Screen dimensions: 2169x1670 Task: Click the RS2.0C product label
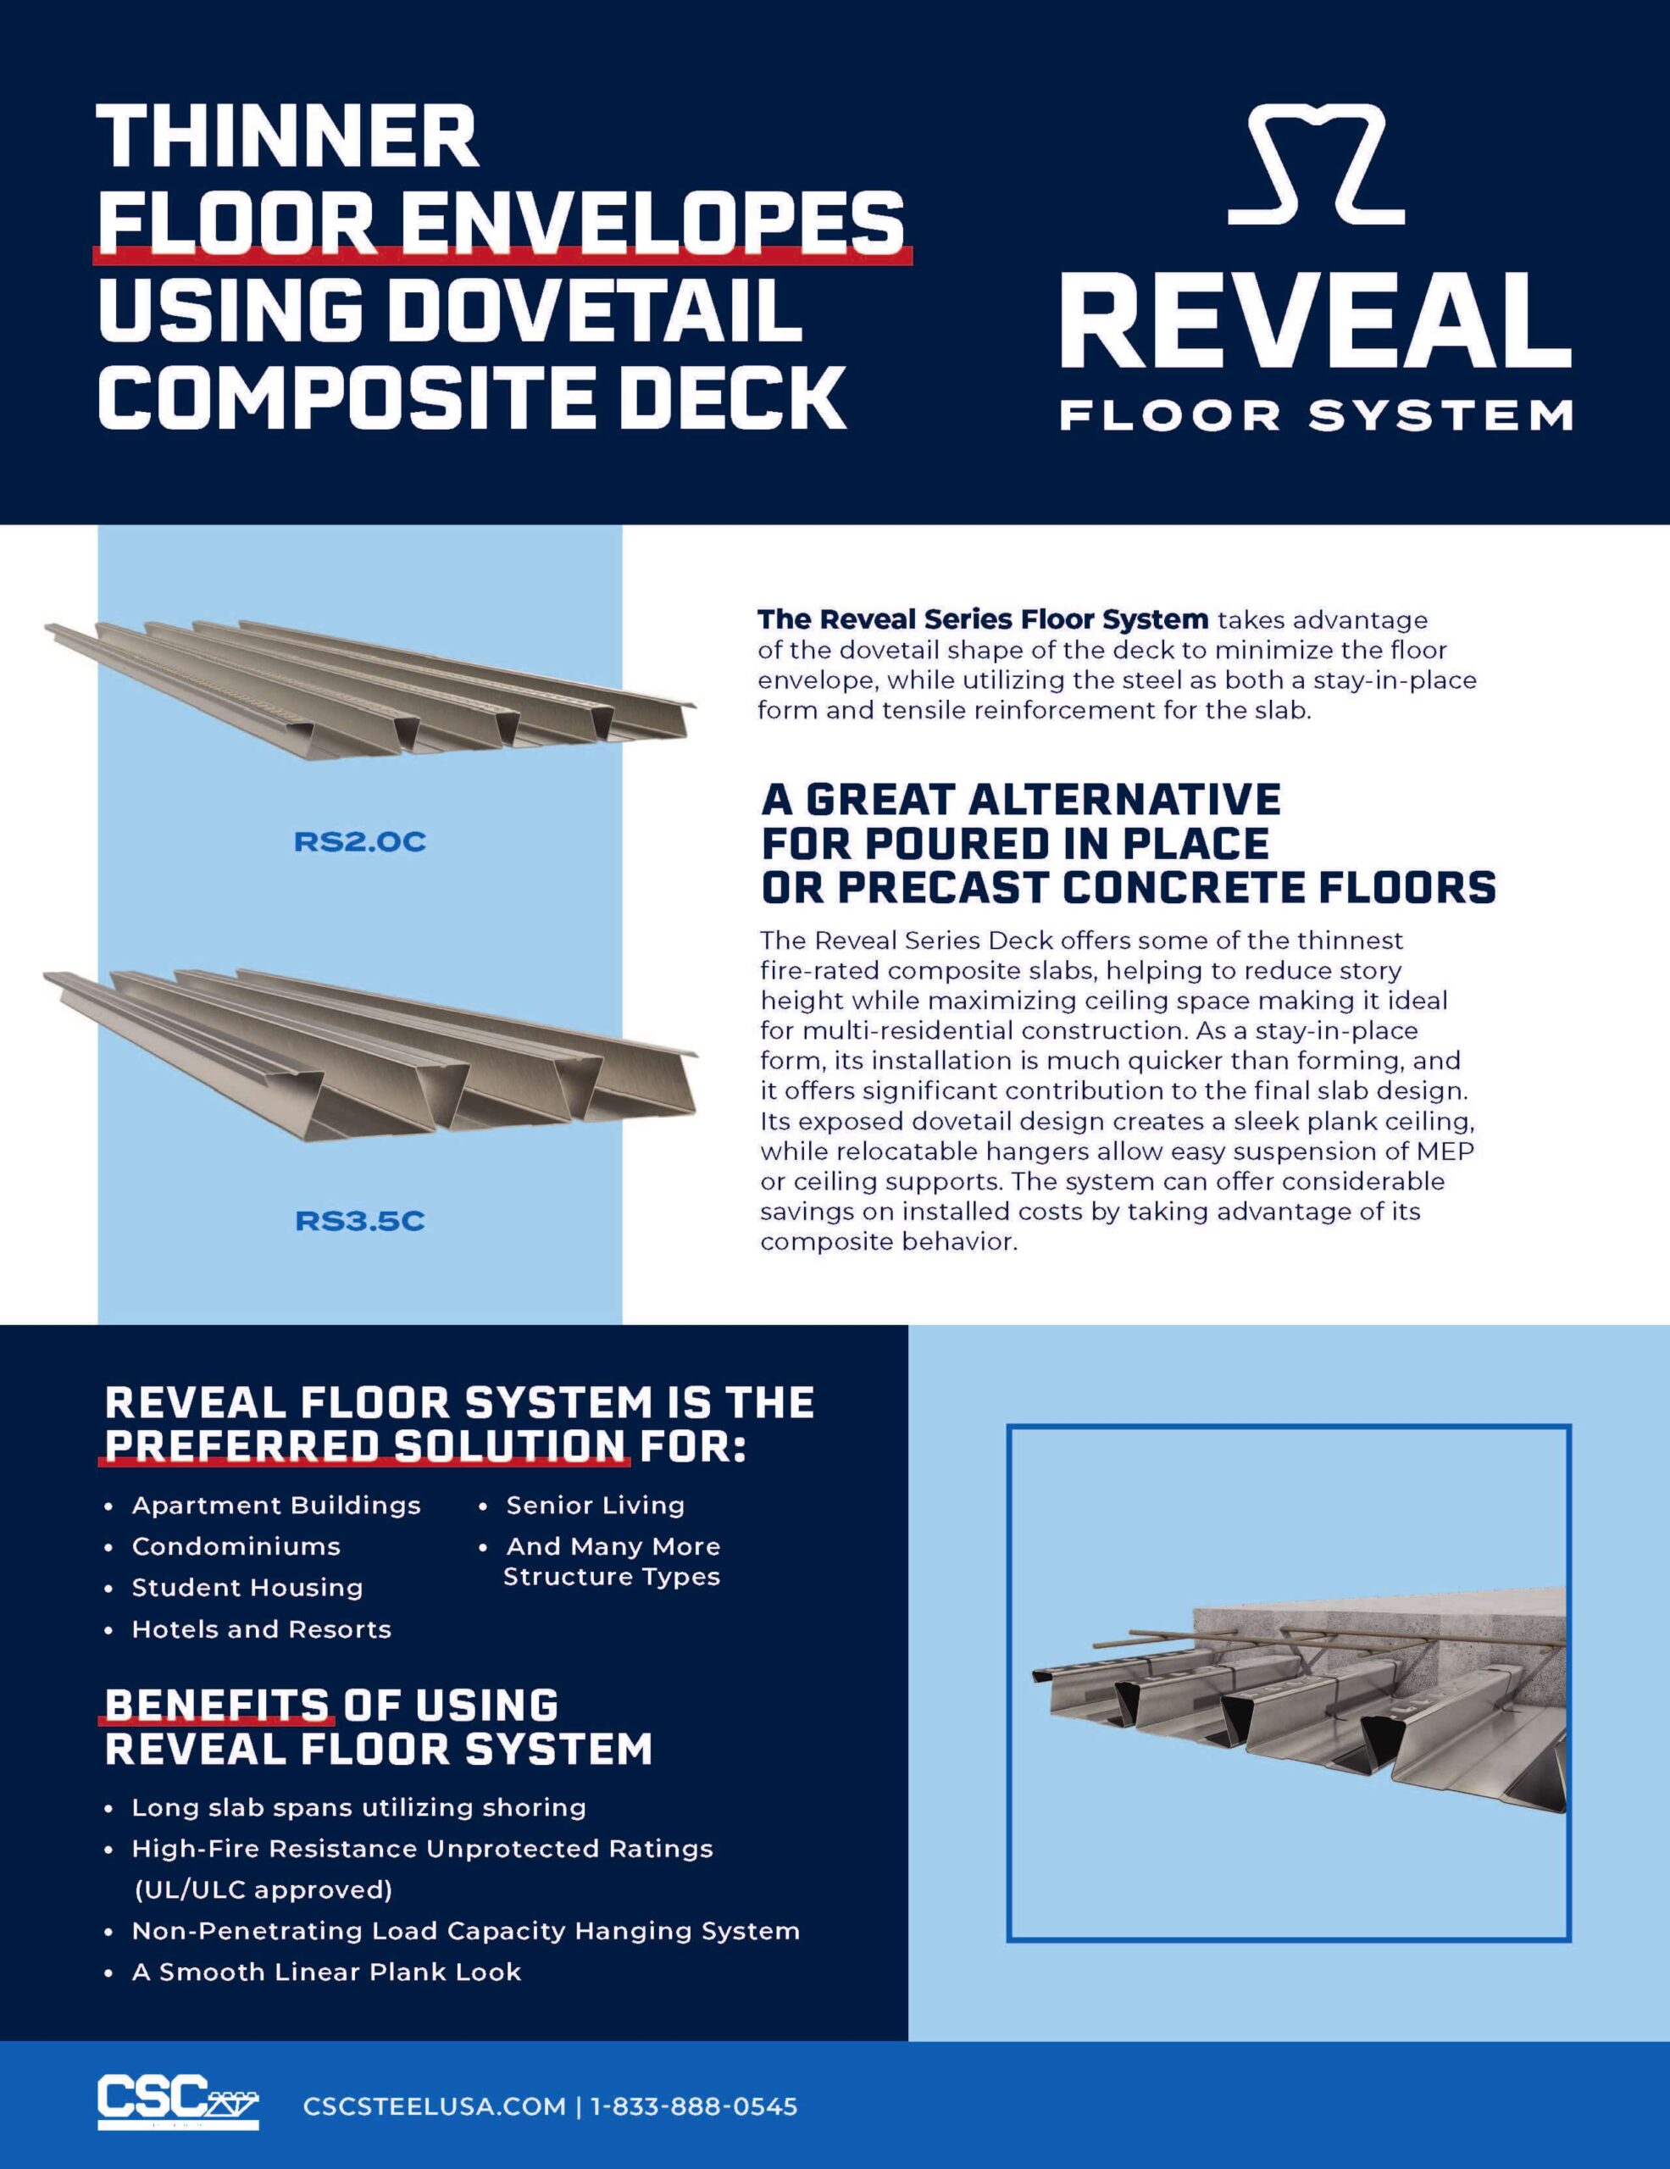pyautogui.click(x=359, y=842)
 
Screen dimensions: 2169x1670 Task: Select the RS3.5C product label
pyautogui.click(x=359, y=1221)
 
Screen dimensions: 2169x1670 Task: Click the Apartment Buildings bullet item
pyautogui.click(x=276, y=1506)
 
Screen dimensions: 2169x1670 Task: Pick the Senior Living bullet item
pyautogui.click(x=595, y=1506)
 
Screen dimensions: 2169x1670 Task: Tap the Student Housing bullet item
pyautogui.click(x=247, y=1588)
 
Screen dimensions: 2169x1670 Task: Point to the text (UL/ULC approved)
pyautogui.click(x=264, y=1889)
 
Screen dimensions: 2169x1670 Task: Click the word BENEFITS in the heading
pyautogui.click(x=216, y=1706)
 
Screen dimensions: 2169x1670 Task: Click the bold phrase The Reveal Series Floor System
pyautogui.click(x=982, y=619)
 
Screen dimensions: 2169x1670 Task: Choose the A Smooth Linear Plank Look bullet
pyautogui.click(x=325, y=1972)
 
